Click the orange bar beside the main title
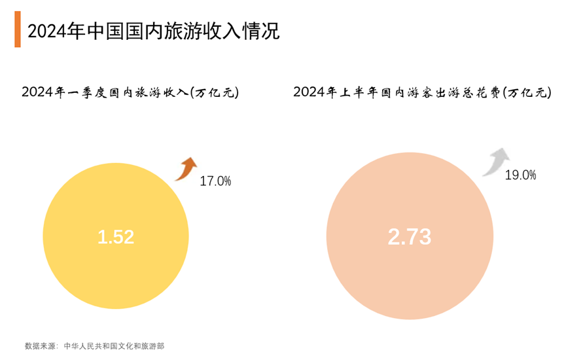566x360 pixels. (x=17, y=30)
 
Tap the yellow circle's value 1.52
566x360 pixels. (x=115, y=237)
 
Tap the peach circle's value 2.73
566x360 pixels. (x=409, y=237)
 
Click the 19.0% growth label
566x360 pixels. (x=520, y=175)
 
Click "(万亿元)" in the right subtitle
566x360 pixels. (x=525, y=93)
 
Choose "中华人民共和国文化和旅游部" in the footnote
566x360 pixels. (x=113, y=346)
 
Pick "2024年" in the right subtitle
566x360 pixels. (x=314, y=93)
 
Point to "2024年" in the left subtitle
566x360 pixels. (x=42, y=93)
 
